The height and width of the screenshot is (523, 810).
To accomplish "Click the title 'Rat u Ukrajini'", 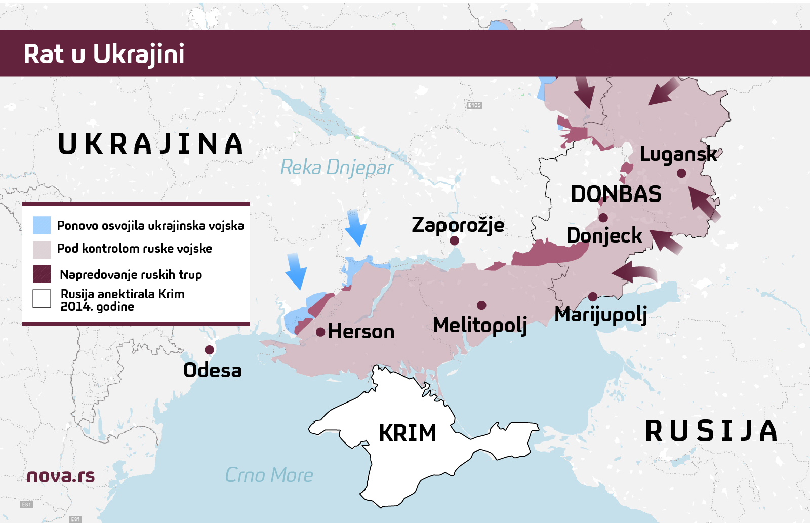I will [x=104, y=54].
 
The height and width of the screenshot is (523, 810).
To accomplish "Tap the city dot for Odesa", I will [x=209, y=350].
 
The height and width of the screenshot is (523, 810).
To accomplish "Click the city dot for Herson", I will [x=320, y=332].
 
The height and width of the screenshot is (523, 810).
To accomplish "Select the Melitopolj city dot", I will [x=481, y=305].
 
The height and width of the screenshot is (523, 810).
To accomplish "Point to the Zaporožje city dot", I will [x=455, y=241].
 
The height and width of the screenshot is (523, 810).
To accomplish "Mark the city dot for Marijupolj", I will [x=593, y=297].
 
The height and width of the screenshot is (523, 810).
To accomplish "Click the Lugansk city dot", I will [x=681, y=173].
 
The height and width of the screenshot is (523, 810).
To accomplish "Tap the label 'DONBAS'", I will [x=616, y=194].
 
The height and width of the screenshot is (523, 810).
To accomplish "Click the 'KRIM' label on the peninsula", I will [x=408, y=433].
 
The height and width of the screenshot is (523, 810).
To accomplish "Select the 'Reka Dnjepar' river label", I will [x=337, y=168].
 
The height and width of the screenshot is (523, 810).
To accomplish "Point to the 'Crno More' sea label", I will [x=269, y=475].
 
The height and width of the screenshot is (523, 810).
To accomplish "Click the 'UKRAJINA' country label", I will [x=150, y=144].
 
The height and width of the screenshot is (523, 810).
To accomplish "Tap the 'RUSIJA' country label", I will [x=711, y=431].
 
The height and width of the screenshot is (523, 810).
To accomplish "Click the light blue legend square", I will [x=42, y=225].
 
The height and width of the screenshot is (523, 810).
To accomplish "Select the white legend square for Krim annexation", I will [x=42, y=299].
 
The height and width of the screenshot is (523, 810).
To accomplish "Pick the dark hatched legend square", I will [x=42, y=274].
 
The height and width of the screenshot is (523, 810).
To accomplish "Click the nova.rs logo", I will [x=61, y=476].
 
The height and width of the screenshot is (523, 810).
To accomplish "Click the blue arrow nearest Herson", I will [x=296, y=271].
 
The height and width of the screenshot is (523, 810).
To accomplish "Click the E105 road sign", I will [x=474, y=105].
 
